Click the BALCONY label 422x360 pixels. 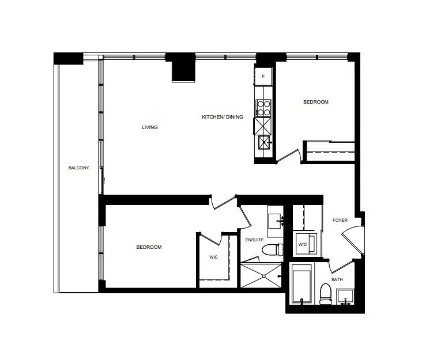point(78,168)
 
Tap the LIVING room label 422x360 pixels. point(150,127)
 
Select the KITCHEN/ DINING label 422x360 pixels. point(223,117)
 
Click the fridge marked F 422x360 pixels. point(263,77)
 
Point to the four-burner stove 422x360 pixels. point(263,108)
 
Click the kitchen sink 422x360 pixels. point(264,142)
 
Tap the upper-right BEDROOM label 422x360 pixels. point(316,102)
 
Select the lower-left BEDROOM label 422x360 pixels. point(149,247)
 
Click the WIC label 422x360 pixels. point(213,257)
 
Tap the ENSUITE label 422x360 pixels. point(254,240)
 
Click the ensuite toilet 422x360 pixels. point(272,249)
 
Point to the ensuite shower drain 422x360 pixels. point(264,275)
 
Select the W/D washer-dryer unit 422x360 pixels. point(306,244)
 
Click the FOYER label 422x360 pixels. point(340,220)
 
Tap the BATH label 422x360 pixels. point(337,279)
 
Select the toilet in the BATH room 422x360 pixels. point(326,294)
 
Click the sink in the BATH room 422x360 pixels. point(345,297)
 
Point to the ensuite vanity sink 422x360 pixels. point(275,221)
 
